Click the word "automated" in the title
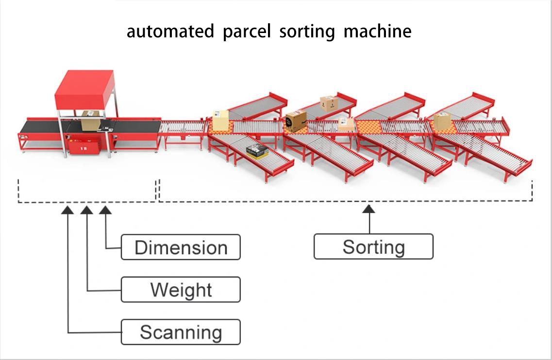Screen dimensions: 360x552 coord(170,32)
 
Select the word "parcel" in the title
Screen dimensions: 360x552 coord(247,32)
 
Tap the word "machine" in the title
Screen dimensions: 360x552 coord(377,32)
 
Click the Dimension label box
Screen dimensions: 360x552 coord(181,247)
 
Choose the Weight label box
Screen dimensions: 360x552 coord(181,290)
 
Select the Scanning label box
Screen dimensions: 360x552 coord(181,332)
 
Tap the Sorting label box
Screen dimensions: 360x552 coord(373,247)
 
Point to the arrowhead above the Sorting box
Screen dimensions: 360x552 coord(369,209)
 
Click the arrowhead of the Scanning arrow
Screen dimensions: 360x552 coord(68,210)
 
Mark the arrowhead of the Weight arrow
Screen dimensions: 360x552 coord(87,210)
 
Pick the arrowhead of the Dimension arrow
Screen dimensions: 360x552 coord(105,210)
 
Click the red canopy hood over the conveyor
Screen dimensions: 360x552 coord(84,90)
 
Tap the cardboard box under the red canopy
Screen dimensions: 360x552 coord(90,120)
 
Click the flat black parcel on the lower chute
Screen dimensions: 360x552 coord(257,151)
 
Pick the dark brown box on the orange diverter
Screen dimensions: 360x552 coord(296,121)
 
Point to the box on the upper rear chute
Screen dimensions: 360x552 coord(329,103)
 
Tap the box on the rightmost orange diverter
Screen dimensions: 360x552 coord(442,121)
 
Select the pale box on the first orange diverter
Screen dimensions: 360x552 coord(220,120)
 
